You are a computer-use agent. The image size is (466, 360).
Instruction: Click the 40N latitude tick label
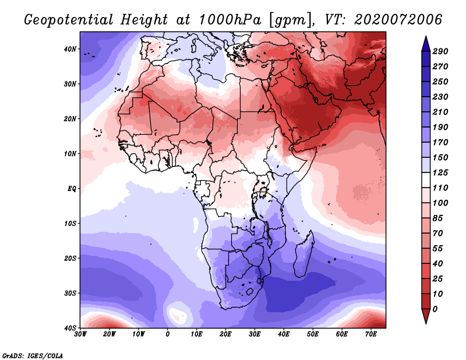(70, 49)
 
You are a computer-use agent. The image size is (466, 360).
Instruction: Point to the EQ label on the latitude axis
(72, 188)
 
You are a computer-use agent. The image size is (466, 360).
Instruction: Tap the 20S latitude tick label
(70, 258)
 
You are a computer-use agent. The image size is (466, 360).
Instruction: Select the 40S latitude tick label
(70, 328)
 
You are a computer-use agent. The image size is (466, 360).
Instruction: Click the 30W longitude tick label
(80, 334)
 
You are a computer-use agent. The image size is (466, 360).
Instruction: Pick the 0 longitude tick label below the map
(168, 334)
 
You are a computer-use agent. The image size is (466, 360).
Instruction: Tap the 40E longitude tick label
(284, 334)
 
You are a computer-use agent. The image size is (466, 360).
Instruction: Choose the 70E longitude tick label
(371, 334)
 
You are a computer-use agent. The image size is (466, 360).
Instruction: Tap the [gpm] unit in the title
(291, 20)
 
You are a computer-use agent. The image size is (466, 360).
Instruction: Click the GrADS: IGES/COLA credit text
(33, 355)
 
